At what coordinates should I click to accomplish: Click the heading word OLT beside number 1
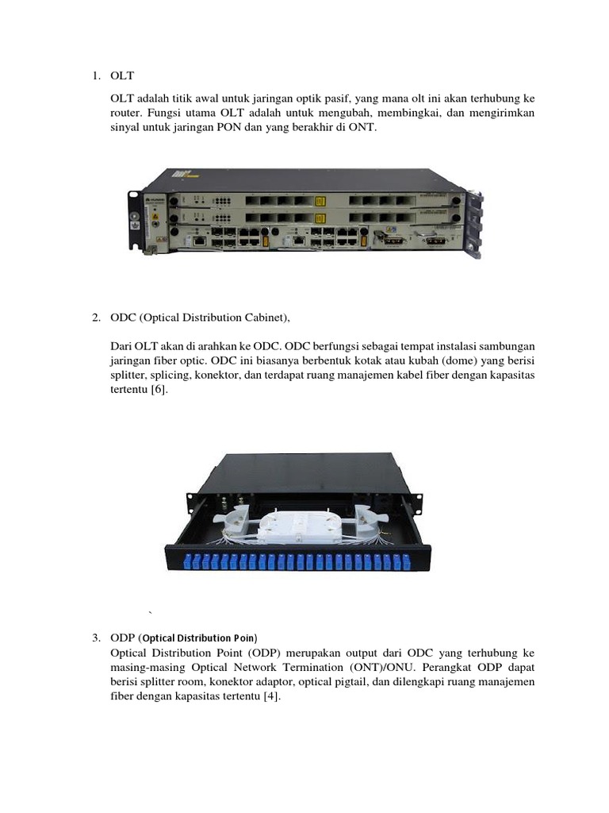pos(122,75)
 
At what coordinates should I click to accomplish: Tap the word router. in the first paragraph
pos(126,113)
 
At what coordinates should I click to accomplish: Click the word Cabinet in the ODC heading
pos(266,318)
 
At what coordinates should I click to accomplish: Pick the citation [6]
pos(159,389)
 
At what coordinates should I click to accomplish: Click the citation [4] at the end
pos(272,696)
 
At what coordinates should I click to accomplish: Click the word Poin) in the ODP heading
pos(246,638)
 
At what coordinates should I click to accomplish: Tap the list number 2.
pos(96,318)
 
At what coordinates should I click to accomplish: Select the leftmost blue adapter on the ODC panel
pos(188,561)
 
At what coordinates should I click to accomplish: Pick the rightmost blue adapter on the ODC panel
pos(397,561)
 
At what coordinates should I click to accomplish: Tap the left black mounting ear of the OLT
pos(135,221)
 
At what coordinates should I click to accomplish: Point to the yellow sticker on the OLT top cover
pos(180,173)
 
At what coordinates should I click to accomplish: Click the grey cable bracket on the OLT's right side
pos(475,224)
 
